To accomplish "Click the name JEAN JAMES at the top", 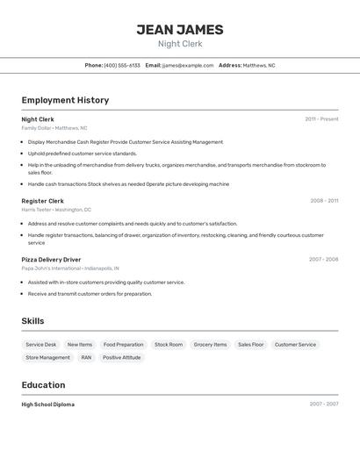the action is click(x=180, y=30).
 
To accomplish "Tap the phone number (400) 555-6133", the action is click(x=122, y=65).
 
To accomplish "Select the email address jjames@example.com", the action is click(x=188, y=65).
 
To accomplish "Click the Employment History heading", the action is click(x=65, y=100).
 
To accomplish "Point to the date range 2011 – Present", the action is click(x=321, y=119).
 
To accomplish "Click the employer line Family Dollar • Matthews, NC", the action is click(x=54, y=128).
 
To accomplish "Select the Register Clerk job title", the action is click(x=42, y=201).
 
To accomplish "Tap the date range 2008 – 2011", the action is click(x=324, y=201).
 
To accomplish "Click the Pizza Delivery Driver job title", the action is click(x=51, y=260).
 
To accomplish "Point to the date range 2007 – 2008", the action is click(x=323, y=260).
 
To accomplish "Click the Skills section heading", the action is click(x=32, y=321).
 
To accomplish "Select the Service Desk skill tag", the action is click(x=41, y=345).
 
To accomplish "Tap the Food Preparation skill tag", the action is click(x=123, y=345).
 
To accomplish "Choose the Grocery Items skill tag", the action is click(x=210, y=345).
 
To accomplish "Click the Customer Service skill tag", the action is click(x=295, y=345).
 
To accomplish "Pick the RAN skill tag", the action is click(x=86, y=358).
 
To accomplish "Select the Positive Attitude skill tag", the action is click(x=121, y=358).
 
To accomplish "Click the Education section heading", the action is click(x=43, y=385).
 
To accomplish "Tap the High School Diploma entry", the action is click(x=48, y=404).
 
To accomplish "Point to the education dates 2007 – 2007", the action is click(x=323, y=404).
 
